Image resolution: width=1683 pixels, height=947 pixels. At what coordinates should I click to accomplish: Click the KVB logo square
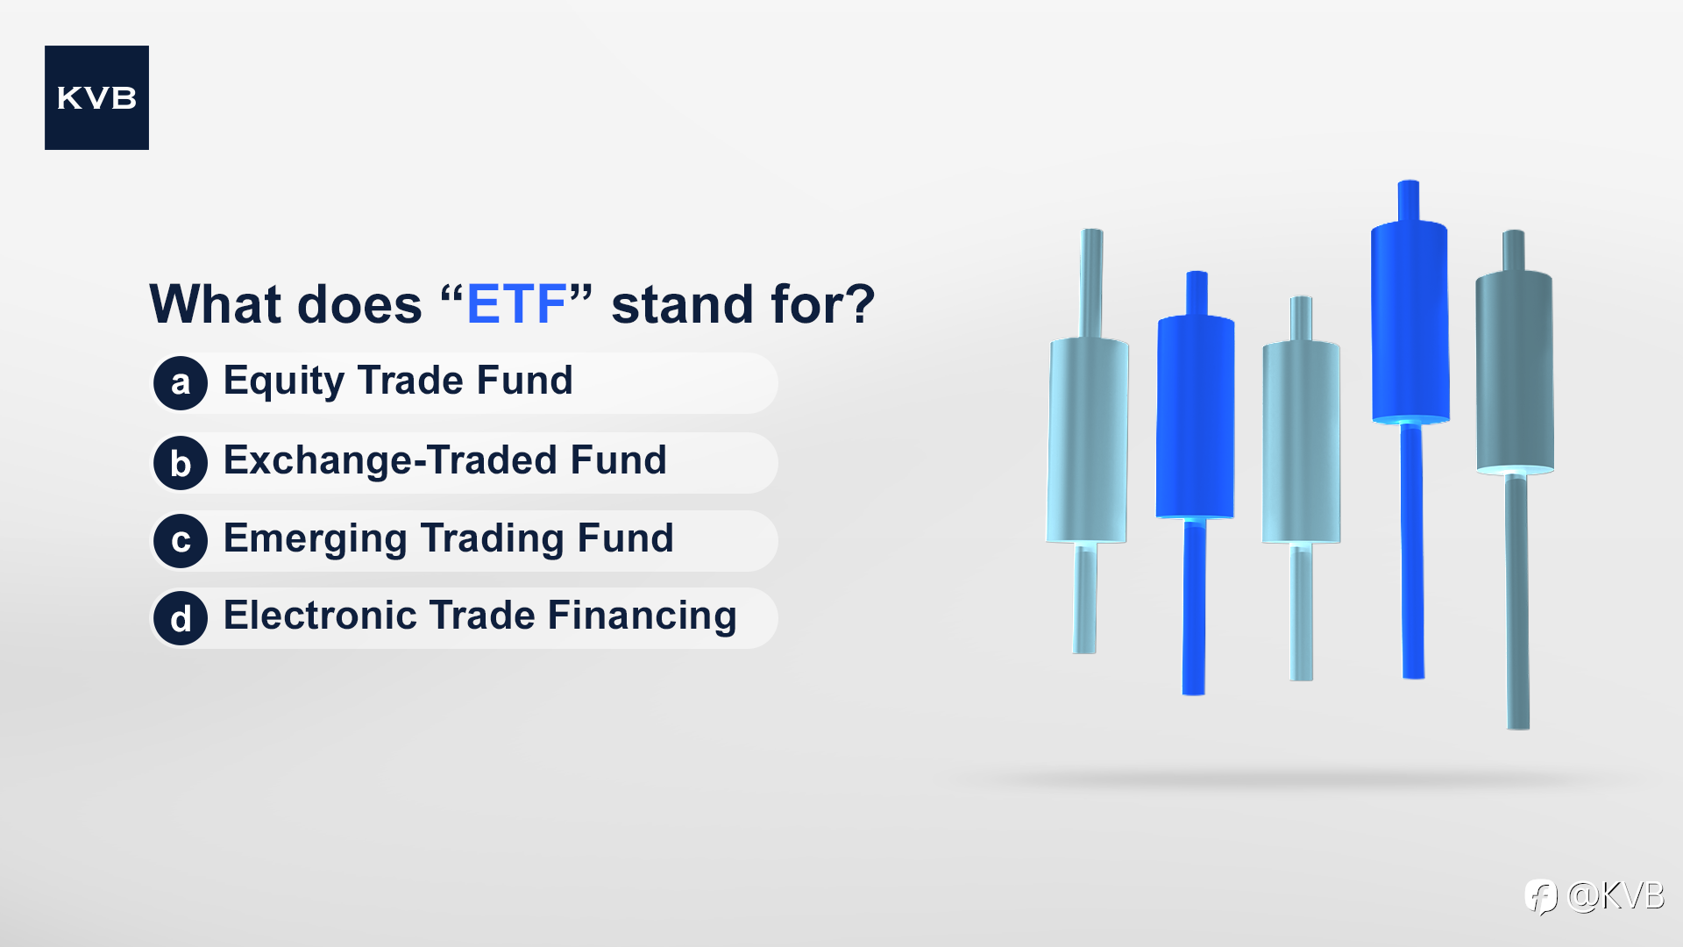[x=96, y=97]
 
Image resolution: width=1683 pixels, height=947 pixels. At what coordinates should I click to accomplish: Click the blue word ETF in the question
[x=516, y=304]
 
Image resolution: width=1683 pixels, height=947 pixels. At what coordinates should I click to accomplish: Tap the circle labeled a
[x=181, y=383]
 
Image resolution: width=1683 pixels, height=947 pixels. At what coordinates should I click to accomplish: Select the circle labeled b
[x=181, y=463]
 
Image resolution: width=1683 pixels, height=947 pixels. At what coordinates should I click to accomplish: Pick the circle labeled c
[x=181, y=541]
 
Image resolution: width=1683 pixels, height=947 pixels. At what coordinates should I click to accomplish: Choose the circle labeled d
[x=181, y=618]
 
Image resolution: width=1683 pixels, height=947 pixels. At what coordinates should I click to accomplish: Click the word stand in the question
[x=682, y=304]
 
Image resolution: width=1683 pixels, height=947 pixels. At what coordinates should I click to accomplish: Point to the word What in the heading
[x=216, y=304]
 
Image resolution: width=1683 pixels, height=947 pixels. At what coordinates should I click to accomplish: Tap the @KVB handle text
[x=1616, y=896]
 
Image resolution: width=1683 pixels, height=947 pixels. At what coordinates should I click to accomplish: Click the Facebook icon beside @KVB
[x=1540, y=897]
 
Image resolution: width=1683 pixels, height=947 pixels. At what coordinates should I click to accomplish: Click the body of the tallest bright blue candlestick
[x=1410, y=322]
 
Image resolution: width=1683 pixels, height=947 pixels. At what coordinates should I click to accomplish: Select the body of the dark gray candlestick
[x=1515, y=372]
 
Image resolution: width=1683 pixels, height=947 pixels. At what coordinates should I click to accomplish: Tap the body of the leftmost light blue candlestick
[x=1087, y=440]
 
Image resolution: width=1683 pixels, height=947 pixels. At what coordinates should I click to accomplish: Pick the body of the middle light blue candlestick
[x=1301, y=442]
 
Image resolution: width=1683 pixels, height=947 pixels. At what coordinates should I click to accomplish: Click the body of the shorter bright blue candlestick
[x=1195, y=417]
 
